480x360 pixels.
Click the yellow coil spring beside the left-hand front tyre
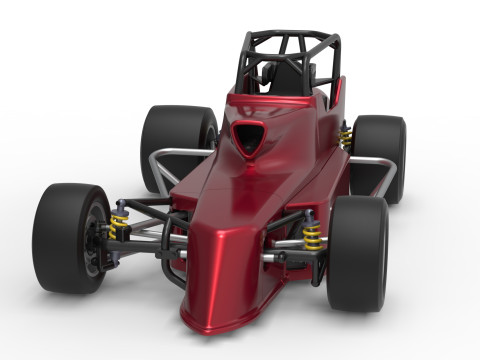(x=120, y=225)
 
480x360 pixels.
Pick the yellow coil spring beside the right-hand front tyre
(x=312, y=236)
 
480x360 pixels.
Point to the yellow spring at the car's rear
(x=346, y=137)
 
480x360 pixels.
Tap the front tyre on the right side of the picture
(x=358, y=252)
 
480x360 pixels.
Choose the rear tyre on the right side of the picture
(x=381, y=155)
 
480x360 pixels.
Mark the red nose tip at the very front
(x=215, y=318)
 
